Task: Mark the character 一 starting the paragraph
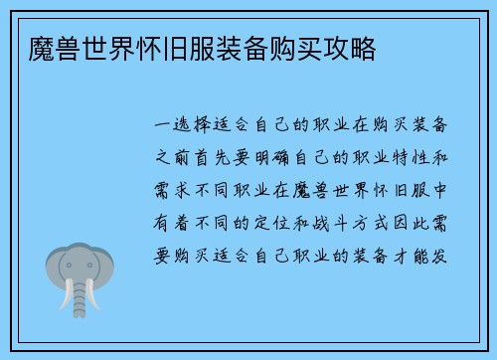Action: pyautogui.click(x=160, y=126)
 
